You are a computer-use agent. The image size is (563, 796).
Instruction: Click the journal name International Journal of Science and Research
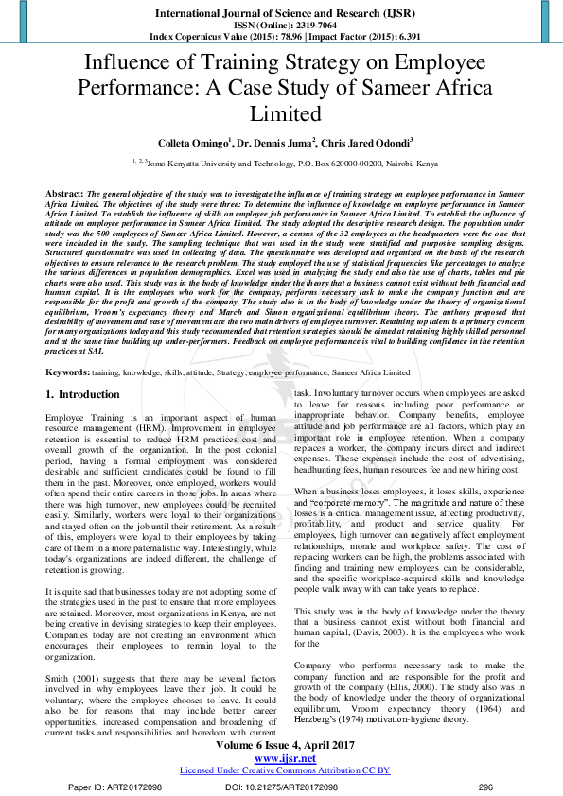pyautogui.click(x=281, y=13)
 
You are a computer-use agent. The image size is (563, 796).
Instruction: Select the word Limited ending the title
pyautogui.click(x=281, y=113)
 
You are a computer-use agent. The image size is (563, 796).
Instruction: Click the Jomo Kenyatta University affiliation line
pyautogui.click(x=281, y=163)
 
